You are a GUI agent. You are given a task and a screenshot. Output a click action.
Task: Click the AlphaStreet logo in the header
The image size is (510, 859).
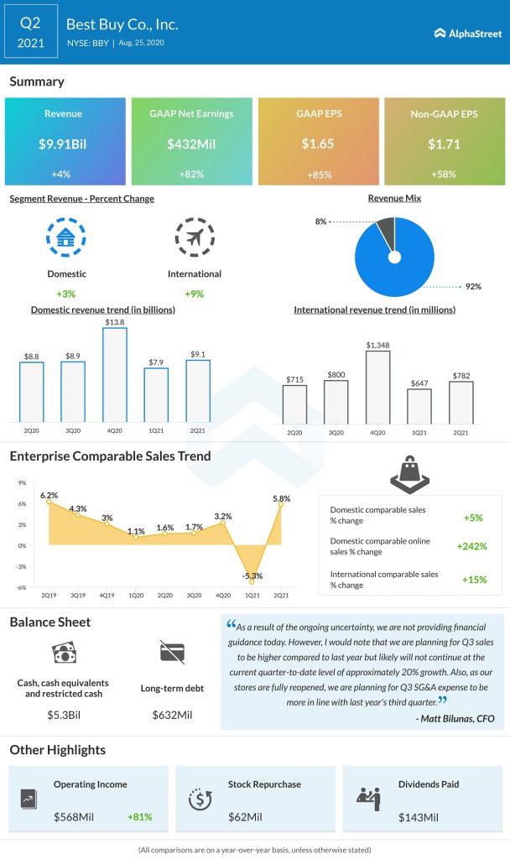pos(468,34)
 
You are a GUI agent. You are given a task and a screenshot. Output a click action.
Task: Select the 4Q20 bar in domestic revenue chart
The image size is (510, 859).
pos(115,374)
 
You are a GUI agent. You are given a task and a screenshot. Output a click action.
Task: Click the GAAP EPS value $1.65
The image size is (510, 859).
pos(318,143)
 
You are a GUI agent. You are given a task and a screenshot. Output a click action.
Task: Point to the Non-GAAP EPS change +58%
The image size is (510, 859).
pos(444,174)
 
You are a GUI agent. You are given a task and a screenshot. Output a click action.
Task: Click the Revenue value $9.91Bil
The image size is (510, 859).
pos(65,143)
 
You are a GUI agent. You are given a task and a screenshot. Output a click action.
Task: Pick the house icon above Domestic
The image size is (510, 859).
pos(65,237)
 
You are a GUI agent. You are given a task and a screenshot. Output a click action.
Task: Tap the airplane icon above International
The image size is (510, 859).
pos(194,237)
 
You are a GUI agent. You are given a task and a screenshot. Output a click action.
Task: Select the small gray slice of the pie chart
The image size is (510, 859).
pos(384,232)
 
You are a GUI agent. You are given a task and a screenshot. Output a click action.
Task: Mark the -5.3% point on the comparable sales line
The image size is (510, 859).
pos(251,580)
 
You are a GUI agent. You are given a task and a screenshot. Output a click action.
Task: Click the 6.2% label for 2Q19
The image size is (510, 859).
pos(49,496)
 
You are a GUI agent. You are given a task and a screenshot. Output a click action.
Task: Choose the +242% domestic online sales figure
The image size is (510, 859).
pos(471,546)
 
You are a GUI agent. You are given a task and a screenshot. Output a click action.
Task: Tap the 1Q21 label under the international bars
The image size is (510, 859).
pos(419,432)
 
